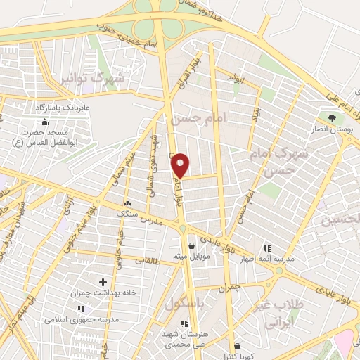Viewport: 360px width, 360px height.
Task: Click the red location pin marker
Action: tap(181, 165)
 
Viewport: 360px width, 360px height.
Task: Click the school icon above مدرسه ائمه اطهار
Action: tap(268, 248)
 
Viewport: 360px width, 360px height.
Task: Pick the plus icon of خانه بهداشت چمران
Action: tap(103, 282)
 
